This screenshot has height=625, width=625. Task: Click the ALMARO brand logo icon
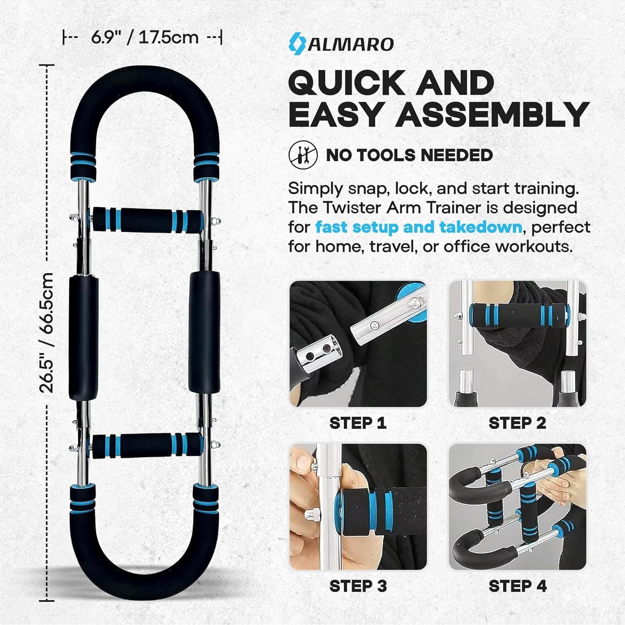(x=297, y=43)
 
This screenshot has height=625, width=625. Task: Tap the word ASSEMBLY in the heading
(x=492, y=114)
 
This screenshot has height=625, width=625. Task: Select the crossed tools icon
(x=303, y=155)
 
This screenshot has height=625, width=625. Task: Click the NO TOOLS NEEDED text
(x=409, y=155)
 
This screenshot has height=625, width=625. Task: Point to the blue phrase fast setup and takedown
(x=418, y=227)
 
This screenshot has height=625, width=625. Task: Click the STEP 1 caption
(x=358, y=423)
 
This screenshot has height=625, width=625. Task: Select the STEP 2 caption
(x=517, y=423)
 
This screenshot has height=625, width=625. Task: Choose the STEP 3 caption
(x=358, y=586)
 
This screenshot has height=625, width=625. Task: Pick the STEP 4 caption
(x=517, y=586)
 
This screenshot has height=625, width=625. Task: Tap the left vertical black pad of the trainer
(x=84, y=337)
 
